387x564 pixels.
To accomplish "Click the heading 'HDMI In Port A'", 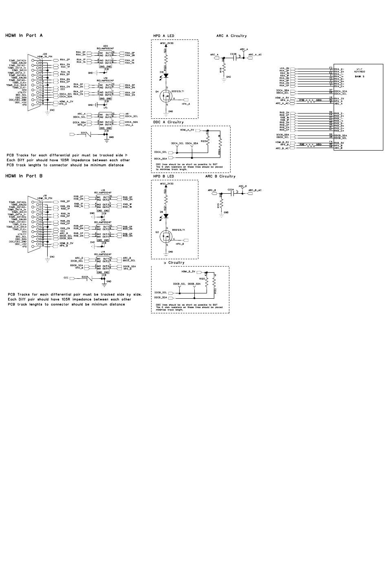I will (24, 35).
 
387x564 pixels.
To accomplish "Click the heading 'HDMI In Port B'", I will (24, 176).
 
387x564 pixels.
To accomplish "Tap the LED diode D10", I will (166, 75).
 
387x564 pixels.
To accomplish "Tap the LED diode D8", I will (166, 215).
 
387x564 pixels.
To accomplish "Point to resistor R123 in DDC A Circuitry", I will (207, 141).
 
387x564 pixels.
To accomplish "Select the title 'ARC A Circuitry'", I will (231, 36).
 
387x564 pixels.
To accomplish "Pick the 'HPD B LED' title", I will (163, 176).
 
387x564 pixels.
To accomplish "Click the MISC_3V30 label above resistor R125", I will (167, 43).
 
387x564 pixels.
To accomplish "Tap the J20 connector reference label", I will (45, 53).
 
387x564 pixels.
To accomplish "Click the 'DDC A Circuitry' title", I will (168, 122).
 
